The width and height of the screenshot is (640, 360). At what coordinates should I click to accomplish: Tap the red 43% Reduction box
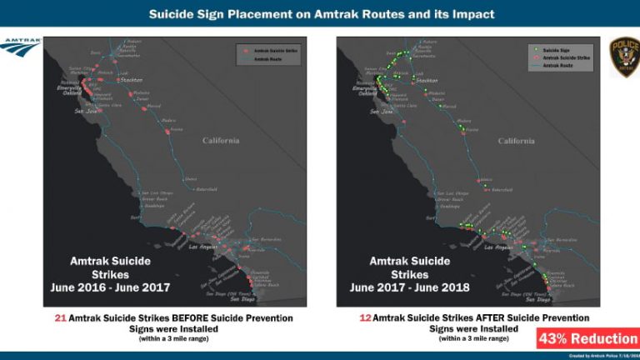point(587,338)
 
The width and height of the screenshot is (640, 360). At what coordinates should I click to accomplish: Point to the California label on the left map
point(220,141)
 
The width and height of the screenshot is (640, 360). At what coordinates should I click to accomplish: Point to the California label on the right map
point(517,141)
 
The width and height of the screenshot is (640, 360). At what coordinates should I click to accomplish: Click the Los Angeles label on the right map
point(498,247)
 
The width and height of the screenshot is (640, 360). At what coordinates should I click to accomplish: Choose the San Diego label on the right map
point(537,299)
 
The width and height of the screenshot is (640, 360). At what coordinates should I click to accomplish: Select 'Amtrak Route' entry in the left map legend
point(267,60)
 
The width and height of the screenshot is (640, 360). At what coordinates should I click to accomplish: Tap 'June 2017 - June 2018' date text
point(410,287)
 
